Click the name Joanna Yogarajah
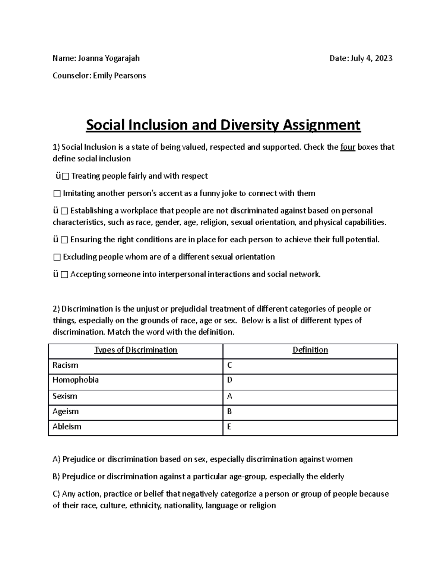tap(109, 58)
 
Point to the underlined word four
tap(348, 147)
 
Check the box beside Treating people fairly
tap(66, 176)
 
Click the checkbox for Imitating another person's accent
tap(57, 194)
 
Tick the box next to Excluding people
tap(57, 257)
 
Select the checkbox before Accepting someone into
tap(64, 275)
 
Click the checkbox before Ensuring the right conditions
tap(64, 240)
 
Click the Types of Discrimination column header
tap(136, 350)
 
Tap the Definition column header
tap(310, 350)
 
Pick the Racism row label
tap(66, 365)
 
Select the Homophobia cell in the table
tap(76, 380)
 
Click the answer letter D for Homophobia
tap(230, 380)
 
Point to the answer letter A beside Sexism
tap(230, 396)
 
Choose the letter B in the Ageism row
tap(229, 412)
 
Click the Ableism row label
tap(67, 427)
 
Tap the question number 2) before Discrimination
tap(56, 309)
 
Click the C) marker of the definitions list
tap(56, 494)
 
